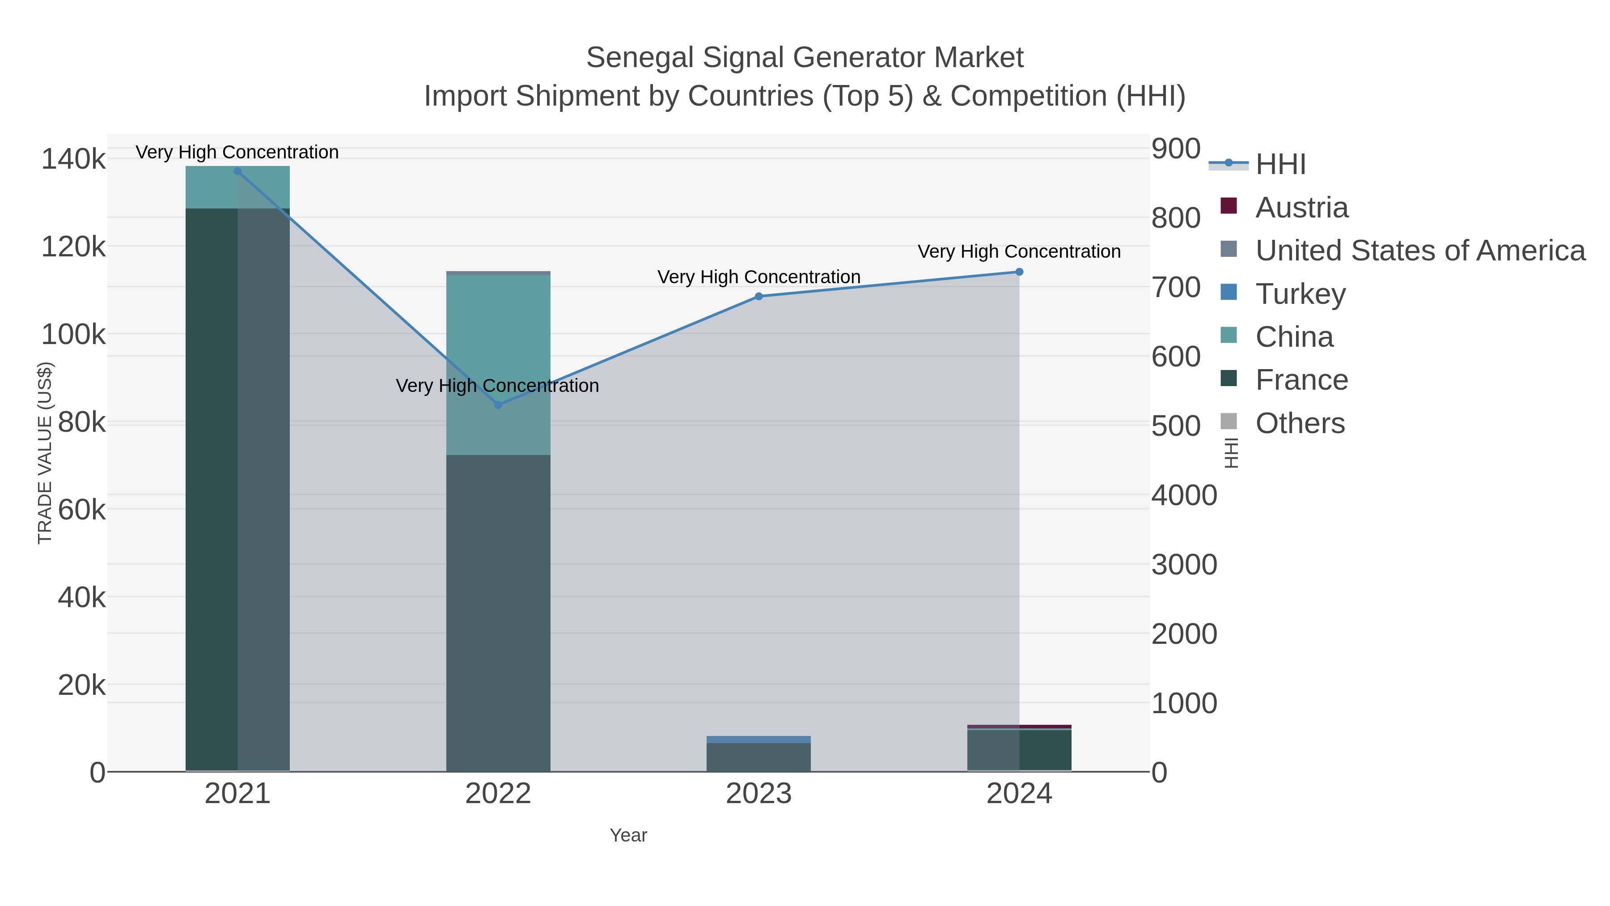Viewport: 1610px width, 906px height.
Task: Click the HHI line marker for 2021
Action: point(237,171)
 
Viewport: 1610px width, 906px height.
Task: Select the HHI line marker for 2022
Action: point(498,405)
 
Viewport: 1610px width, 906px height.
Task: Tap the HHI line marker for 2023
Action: point(759,296)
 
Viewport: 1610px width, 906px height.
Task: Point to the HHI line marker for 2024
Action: point(1019,272)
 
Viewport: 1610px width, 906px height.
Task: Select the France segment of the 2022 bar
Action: point(498,613)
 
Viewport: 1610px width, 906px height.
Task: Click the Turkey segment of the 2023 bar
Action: point(759,740)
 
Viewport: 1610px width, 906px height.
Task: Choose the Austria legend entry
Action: point(1301,208)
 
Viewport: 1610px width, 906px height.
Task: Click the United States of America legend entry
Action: point(1420,251)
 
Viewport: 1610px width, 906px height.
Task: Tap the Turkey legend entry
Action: point(1300,294)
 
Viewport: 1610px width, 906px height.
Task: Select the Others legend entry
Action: point(1300,423)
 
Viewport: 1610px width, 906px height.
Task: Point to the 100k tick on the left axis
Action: point(74,335)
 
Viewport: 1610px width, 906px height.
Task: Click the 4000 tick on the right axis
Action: point(1184,496)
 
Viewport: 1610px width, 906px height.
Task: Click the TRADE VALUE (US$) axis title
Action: point(45,453)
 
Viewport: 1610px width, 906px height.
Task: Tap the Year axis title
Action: point(628,835)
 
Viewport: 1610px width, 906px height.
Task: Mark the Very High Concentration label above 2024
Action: point(1019,251)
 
